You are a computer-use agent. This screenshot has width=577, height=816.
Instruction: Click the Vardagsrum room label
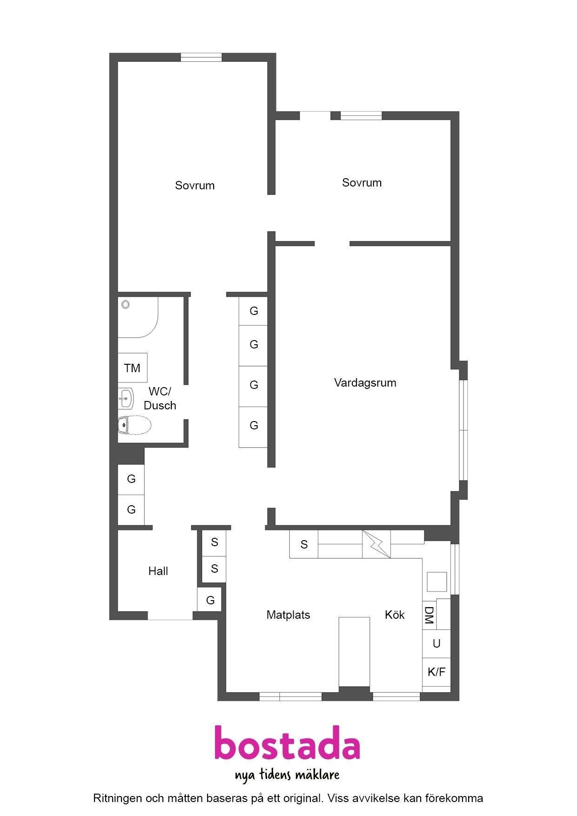tap(365, 383)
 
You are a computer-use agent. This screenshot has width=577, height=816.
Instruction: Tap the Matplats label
tap(288, 615)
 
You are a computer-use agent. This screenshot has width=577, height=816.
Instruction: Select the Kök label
tap(395, 615)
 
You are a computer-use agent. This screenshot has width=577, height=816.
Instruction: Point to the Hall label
tap(158, 571)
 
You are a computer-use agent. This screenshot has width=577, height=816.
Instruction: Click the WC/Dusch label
tap(160, 398)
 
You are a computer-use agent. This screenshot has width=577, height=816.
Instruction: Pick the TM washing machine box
tap(132, 368)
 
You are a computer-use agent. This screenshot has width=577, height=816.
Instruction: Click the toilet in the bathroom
tap(134, 425)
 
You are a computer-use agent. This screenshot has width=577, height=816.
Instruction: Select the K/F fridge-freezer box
tap(436, 672)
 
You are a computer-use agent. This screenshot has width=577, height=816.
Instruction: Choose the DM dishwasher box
tap(429, 615)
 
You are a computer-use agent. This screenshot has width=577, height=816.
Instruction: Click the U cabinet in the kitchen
tap(436, 643)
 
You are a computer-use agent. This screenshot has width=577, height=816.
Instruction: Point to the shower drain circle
tap(125, 305)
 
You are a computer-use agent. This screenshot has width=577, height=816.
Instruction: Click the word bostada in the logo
tap(287, 742)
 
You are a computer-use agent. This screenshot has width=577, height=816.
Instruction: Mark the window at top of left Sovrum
tap(201, 57)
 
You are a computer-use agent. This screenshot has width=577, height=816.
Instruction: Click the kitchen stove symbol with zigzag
tap(376, 544)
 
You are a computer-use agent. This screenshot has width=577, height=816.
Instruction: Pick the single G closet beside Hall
tap(210, 600)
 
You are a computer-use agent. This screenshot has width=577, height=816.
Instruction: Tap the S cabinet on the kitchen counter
tap(304, 544)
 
